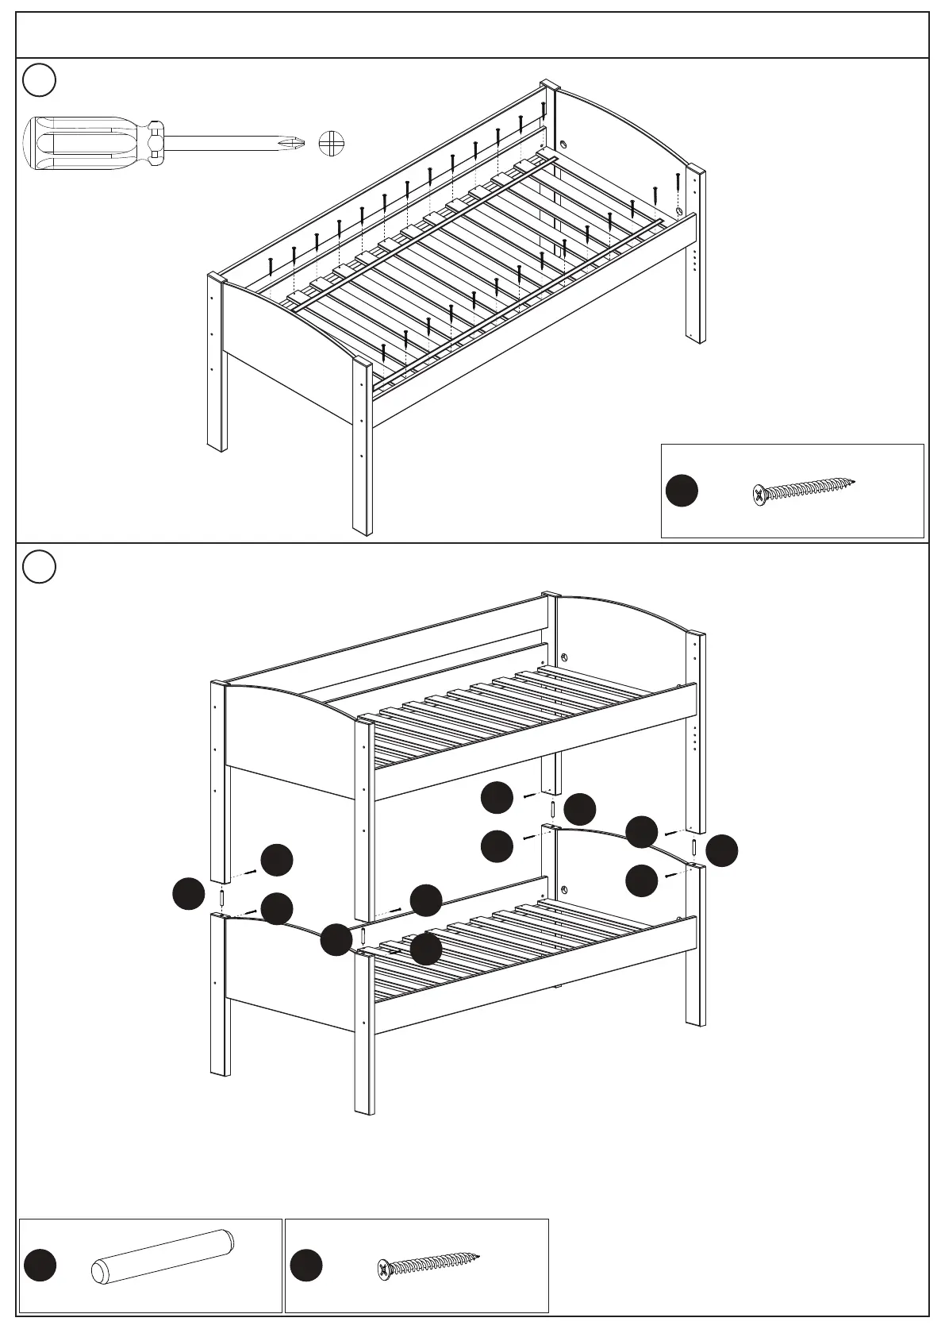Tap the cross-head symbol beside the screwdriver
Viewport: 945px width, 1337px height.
click(x=332, y=144)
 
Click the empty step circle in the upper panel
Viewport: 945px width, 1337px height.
click(x=39, y=79)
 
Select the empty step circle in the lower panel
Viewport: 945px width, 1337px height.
click(x=39, y=566)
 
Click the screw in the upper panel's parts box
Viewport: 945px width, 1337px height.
click(x=803, y=491)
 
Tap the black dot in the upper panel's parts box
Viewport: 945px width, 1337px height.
click(x=682, y=491)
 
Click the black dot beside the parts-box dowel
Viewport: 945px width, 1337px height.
click(x=40, y=1266)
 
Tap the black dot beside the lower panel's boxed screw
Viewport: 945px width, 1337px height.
click(x=306, y=1266)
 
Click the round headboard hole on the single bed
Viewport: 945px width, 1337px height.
click(x=563, y=145)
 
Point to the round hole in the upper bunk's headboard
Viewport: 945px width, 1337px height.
click(x=564, y=658)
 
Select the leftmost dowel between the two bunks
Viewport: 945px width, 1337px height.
click(x=222, y=898)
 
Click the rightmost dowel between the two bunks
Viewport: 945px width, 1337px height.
click(x=693, y=846)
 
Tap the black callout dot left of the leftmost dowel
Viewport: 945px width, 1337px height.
click(x=189, y=894)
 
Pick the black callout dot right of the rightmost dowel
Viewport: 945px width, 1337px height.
click(x=722, y=850)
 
